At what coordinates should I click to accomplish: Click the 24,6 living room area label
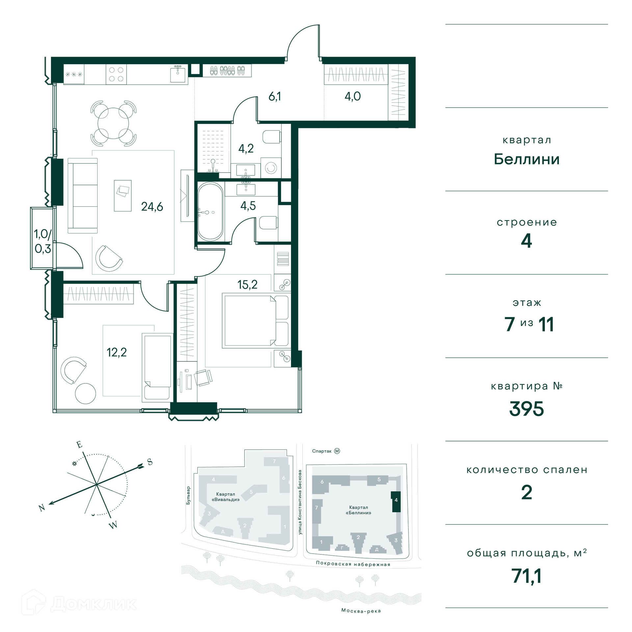152,207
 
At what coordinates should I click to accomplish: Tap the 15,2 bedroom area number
248,285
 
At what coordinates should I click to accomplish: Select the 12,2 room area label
117,353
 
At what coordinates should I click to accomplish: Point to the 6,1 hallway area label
275,96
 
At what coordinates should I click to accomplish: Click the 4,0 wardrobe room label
353,96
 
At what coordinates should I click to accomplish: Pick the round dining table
113,123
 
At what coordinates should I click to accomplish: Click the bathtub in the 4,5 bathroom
210,212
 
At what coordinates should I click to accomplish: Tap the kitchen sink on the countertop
178,74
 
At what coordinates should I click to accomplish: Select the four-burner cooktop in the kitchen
116,74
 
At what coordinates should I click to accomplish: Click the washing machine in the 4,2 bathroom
271,168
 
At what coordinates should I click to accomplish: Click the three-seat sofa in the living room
83,196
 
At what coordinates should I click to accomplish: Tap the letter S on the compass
150,462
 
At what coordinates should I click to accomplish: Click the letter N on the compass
42,508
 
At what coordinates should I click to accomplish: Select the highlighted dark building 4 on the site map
396,501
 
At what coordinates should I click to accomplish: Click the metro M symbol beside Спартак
337,451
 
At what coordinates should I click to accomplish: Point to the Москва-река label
361,611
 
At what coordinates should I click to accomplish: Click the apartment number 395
526,409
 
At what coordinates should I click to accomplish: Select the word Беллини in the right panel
527,159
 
